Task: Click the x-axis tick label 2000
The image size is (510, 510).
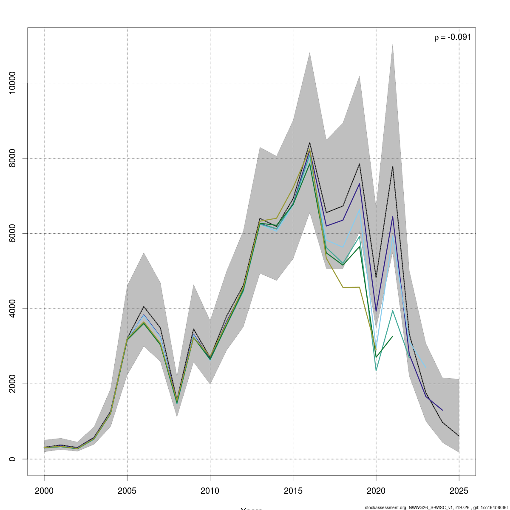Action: point(44,491)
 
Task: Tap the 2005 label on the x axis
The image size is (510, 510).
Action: point(127,491)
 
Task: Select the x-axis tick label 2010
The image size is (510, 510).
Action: point(210,491)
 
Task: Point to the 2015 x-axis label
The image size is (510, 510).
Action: point(293,491)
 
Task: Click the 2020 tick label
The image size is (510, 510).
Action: point(376,491)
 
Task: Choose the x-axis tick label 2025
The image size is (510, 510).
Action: point(459,491)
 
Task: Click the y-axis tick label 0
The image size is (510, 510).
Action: point(13,459)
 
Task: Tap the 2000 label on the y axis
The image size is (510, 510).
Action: point(13,384)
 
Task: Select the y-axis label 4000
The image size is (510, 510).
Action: point(13,309)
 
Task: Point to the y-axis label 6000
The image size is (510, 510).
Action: point(13,233)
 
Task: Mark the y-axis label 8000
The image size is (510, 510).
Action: point(13,158)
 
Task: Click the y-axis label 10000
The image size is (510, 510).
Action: point(13,83)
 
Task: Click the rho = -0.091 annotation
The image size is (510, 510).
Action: point(453,37)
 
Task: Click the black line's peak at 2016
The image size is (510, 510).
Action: point(309,143)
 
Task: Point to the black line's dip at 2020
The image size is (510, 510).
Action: point(376,278)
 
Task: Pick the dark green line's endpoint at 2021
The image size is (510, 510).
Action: point(393,336)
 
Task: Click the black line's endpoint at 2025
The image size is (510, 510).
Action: point(459,436)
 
